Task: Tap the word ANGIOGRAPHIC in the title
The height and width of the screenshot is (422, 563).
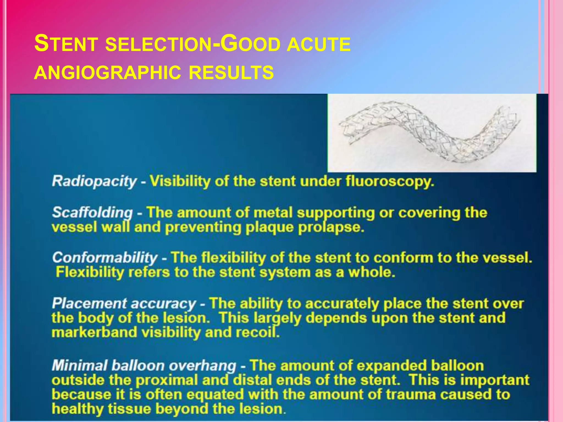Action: [107, 73]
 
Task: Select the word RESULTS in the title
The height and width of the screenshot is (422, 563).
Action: [231, 73]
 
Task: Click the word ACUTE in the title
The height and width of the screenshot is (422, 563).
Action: [319, 44]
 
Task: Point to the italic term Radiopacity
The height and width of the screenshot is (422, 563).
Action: [94, 181]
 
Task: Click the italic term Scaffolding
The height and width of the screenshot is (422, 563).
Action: [92, 213]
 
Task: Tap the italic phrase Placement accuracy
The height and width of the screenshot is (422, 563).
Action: [124, 304]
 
